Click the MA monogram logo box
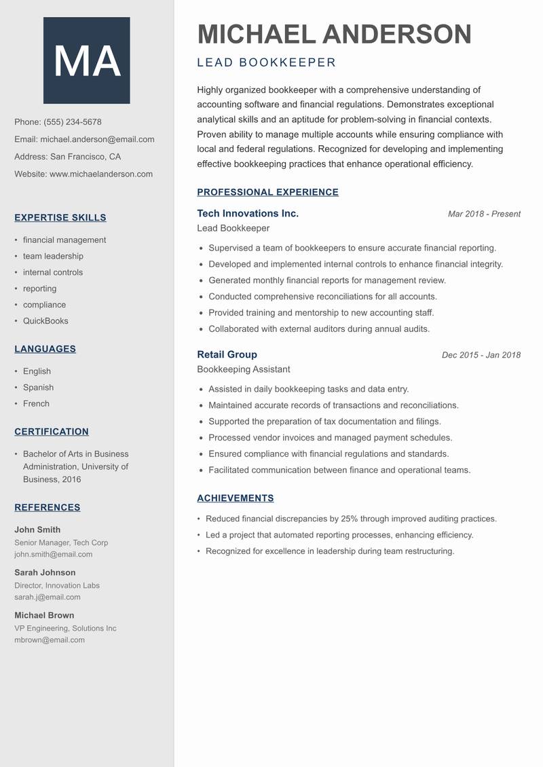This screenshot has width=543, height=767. click(86, 60)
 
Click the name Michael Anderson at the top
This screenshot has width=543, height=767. click(334, 35)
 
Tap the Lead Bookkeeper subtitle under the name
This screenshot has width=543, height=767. click(266, 63)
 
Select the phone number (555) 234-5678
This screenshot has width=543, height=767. click(73, 122)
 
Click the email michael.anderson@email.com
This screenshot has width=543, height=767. click(97, 139)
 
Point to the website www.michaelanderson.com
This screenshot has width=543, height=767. click(101, 174)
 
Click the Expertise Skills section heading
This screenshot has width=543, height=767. click(60, 218)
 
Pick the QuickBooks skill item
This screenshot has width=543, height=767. click(45, 321)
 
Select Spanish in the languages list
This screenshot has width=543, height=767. click(38, 388)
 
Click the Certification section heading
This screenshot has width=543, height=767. click(52, 432)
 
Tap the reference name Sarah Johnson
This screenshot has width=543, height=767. click(45, 573)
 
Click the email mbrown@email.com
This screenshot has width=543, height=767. click(50, 640)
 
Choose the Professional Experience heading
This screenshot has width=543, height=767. click(267, 192)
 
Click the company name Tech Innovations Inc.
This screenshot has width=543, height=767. click(248, 214)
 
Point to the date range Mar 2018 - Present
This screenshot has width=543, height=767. click(484, 214)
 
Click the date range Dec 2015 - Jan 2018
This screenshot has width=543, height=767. click(481, 355)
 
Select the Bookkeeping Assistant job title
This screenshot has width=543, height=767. click(243, 369)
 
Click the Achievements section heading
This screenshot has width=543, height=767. click(235, 498)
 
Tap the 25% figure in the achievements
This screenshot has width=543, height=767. click(349, 519)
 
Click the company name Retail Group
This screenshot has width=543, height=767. click(227, 354)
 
